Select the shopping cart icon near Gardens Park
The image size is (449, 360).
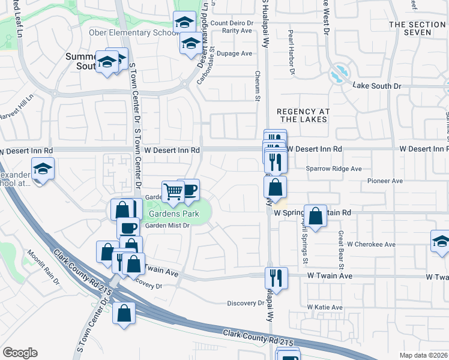click(x=173, y=192)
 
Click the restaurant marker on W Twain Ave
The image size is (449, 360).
click(x=277, y=277)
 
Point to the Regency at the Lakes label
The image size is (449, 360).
click(x=302, y=115)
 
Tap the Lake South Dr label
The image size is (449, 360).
click(x=377, y=86)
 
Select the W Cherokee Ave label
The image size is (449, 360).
click(x=372, y=245)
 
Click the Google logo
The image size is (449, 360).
click(x=20, y=353)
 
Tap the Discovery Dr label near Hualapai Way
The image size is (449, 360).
click(x=246, y=303)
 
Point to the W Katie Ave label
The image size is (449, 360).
click(x=325, y=307)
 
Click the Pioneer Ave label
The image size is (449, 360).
click(x=385, y=181)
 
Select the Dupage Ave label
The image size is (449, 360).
click(x=235, y=53)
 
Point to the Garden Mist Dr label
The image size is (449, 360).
click(x=167, y=226)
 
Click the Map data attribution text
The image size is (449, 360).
click(x=424, y=355)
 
